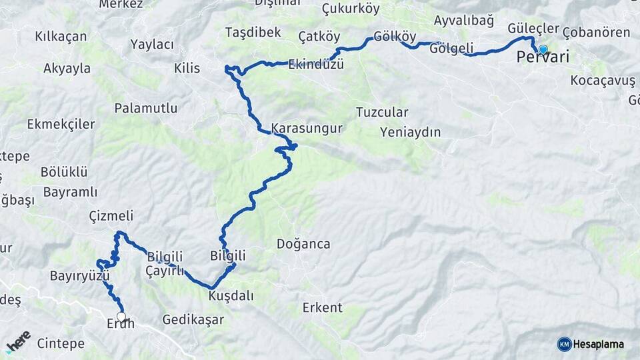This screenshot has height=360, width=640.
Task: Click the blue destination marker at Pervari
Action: (543, 50)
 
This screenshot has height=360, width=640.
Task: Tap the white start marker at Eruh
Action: (121, 316)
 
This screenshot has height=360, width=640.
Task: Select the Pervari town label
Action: (543, 58)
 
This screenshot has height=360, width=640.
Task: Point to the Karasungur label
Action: (307, 128)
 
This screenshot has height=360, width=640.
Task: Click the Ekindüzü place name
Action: (316, 65)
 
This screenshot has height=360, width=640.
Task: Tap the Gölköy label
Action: (395, 36)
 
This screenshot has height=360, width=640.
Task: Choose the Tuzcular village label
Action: (382, 112)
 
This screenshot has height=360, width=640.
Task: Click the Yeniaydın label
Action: (410, 132)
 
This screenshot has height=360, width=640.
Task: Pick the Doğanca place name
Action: (303, 244)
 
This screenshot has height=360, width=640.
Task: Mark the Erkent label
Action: (322, 308)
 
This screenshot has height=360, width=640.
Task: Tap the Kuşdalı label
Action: (231, 295)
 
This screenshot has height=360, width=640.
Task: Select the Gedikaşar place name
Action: (193, 320)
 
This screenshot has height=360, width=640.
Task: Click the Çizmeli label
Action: (111, 216)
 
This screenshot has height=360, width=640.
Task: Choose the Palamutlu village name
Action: (145, 108)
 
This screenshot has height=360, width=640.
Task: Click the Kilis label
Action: (187, 69)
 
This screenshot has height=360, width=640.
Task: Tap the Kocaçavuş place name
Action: (603, 81)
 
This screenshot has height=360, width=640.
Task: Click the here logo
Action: (18, 341)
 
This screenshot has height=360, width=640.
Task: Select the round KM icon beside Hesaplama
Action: (564, 344)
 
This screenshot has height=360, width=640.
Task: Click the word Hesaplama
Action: (599, 345)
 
